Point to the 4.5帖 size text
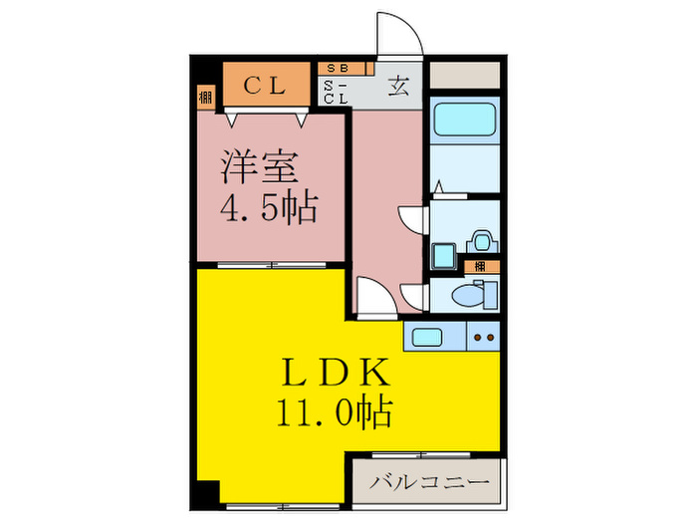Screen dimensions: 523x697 pyautogui.click(x=268, y=208)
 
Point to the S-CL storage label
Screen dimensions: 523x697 pyautogui.click(x=337, y=93)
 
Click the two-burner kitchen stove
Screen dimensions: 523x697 pyautogui.click(x=485, y=337)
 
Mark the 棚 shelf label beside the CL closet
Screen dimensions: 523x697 pyautogui.click(x=205, y=97)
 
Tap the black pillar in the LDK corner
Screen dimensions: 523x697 pyautogui.click(x=205, y=491)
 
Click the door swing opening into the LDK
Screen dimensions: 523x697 pyautogui.click(x=369, y=297)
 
